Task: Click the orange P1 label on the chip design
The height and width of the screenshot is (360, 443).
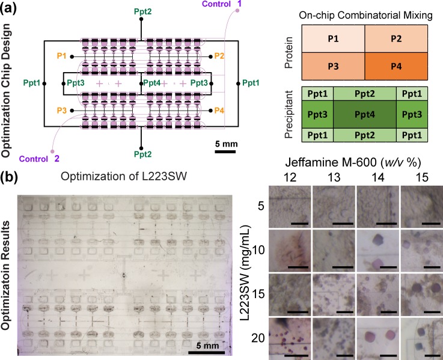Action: (62, 56)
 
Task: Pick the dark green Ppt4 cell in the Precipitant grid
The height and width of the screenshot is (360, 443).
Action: (365, 114)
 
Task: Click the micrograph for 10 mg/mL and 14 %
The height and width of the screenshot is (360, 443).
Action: (377, 249)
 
